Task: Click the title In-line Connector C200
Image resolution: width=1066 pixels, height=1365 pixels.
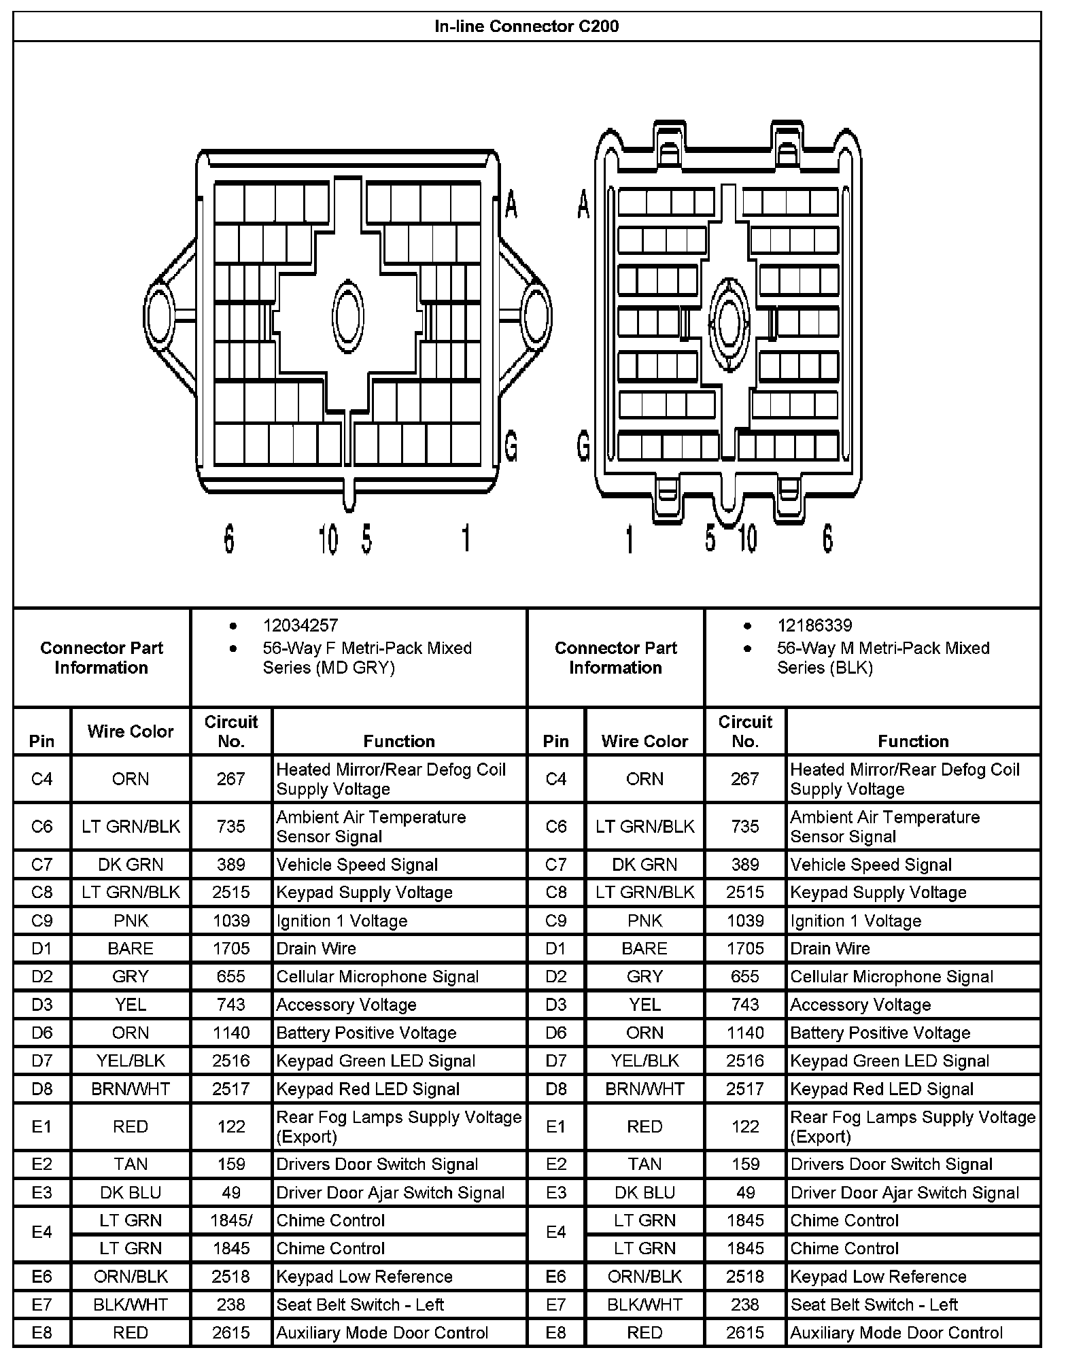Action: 526,27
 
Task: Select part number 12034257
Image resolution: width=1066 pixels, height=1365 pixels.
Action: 300,625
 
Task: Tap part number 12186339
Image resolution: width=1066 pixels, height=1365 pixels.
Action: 814,625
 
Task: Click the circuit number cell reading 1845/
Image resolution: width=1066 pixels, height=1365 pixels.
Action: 231,1220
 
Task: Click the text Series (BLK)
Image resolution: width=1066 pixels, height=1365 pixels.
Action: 825,668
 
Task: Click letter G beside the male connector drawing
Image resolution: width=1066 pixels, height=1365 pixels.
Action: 583,447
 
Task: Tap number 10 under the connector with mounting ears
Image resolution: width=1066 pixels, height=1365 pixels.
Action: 328,540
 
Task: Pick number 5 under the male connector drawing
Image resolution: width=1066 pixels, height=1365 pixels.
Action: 710,538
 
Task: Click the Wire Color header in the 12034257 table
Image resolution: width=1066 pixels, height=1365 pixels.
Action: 131,731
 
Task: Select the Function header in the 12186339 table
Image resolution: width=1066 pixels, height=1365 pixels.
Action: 913,741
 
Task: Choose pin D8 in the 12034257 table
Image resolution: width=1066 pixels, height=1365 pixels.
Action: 41,1089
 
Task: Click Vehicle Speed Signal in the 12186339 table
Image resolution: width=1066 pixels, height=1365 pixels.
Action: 870,865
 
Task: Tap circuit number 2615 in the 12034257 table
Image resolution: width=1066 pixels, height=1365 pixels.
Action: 231,1333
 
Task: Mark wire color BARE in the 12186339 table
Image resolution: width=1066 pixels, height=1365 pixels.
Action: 644,948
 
